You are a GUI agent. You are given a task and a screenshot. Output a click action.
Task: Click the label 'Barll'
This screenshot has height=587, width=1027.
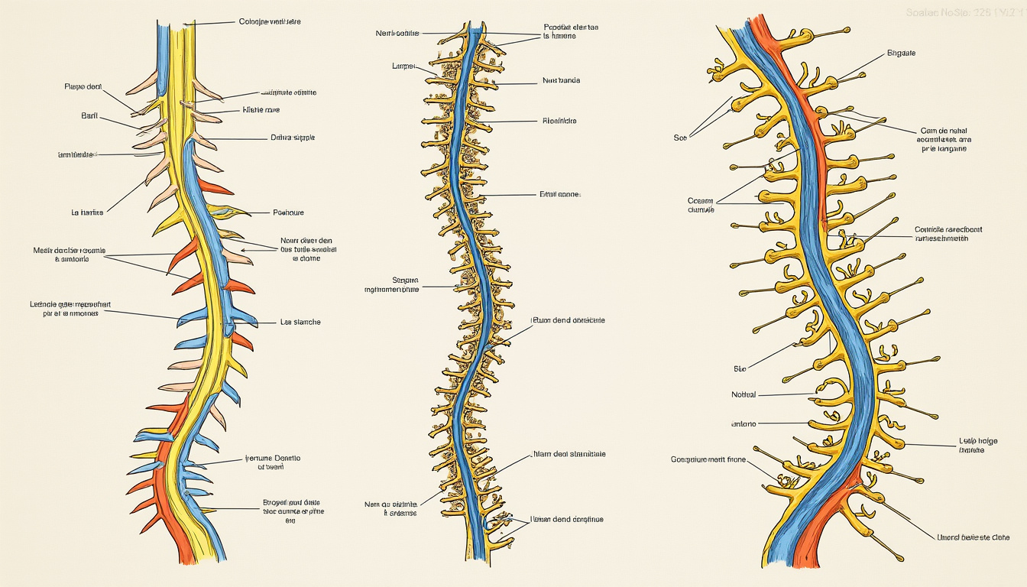coord(89,115)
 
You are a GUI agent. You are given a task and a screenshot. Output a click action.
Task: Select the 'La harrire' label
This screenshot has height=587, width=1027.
coord(86,212)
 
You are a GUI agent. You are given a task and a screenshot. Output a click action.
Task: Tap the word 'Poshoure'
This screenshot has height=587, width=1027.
coord(288,212)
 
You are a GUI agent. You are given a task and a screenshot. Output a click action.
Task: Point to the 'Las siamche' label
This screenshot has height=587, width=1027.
coord(300,322)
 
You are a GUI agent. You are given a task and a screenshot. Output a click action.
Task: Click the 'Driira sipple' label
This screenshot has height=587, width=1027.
coord(293,138)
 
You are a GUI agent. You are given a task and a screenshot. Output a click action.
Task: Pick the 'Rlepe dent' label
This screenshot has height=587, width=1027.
coord(83,87)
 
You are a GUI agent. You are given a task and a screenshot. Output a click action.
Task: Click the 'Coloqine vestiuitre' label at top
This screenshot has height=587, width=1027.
coord(270,22)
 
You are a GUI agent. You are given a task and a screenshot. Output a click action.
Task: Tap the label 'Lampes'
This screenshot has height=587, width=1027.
coord(403,66)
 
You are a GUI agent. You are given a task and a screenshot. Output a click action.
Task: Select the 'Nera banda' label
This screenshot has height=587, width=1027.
coord(561,80)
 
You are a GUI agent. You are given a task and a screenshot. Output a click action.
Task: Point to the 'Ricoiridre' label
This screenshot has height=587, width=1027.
coord(559,121)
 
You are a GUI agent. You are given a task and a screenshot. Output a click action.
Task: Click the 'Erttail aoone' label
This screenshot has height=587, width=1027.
coord(560,195)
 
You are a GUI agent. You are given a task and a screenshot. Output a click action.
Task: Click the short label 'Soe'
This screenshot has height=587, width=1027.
coord(680,138)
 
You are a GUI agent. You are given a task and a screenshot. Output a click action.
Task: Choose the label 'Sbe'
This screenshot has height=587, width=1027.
coord(739,368)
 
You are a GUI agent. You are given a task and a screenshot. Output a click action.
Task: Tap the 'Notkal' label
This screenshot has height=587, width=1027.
coord(743,394)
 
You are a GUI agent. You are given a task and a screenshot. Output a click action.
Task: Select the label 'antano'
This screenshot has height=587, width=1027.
coord(743,423)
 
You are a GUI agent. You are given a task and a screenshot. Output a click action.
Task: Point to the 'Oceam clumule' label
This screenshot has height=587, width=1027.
coord(701,205)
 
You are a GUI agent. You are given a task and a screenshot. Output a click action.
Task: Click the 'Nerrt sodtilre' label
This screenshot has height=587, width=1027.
coord(397,33)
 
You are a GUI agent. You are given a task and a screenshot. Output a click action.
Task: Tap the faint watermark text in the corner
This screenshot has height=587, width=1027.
coord(965,13)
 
